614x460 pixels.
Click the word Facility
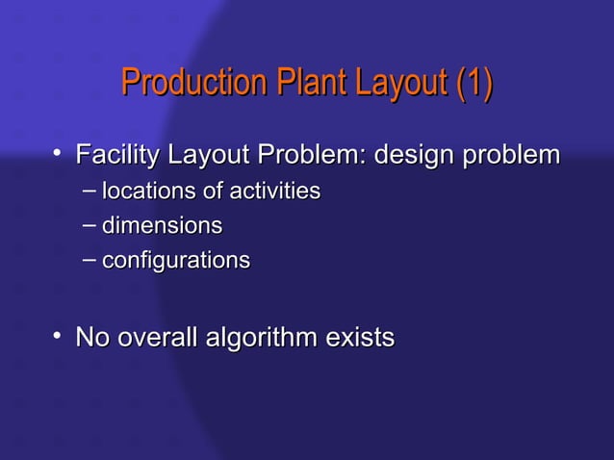[x=115, y=155]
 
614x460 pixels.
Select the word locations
[x=147, y=192]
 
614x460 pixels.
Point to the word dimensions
[x=162, y=227]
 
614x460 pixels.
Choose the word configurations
[x=175, y=261]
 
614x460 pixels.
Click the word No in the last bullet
[x=91, y=339]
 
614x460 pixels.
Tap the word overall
[x=154, y=339]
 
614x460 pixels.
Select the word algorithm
[x=259, y=339]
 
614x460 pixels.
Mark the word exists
[x=360, y=339]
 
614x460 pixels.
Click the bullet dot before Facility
[x=59, y=152]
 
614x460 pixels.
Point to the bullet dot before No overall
[x=59, y=336]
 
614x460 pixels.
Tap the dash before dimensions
[x=89, y=224]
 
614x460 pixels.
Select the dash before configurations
[x=89, y=258]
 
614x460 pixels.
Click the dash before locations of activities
[x=89, y=189]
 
